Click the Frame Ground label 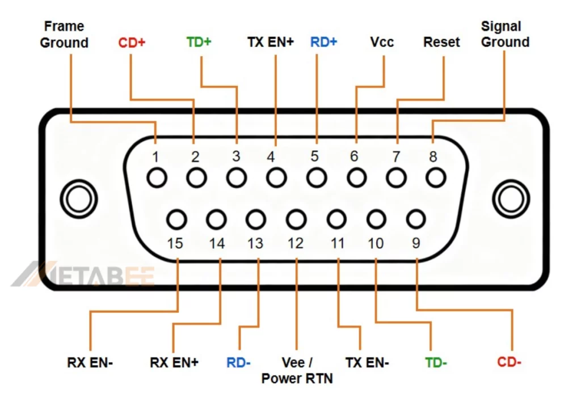[64, 35]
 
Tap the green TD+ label [199, 42]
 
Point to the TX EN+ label [271, 42]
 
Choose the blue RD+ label [323, 42]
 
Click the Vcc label [382, 42]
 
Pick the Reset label [441, 42]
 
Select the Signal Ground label [505, 34]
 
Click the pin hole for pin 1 [157, 178]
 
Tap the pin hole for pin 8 [435, 178]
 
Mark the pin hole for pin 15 [177, 219]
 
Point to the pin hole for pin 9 [416, 219]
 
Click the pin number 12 [295, 243]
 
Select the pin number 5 [314, 156]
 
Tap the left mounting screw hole [75, 199]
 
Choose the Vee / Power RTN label [297, 370]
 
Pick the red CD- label [509, 362]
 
